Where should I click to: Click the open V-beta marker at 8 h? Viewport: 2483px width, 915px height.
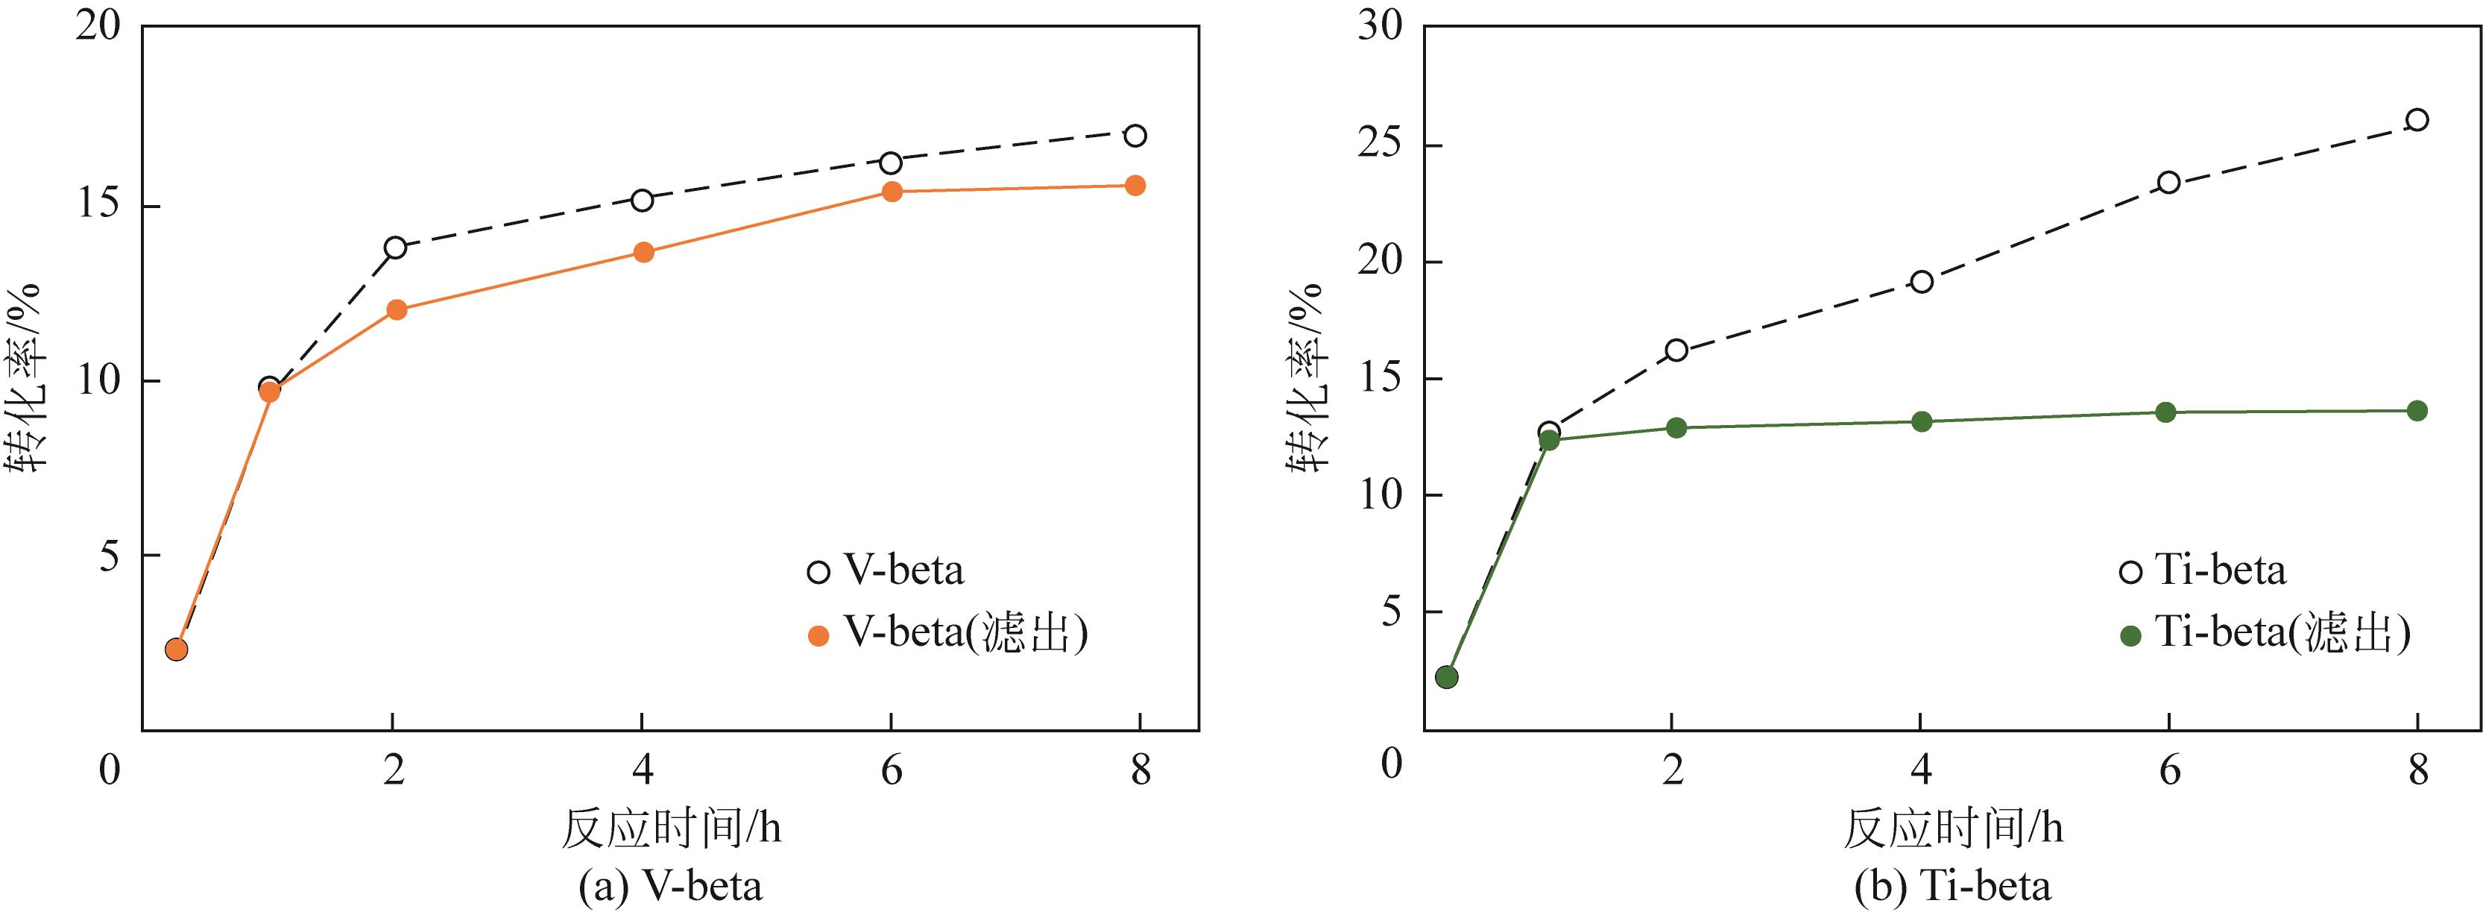(1135, 135)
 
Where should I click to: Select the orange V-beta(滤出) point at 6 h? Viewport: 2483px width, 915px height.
(892, 192)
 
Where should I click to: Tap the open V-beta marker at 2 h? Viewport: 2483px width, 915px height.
(395, 248)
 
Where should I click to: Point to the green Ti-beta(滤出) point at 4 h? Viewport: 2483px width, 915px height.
(1921, 421)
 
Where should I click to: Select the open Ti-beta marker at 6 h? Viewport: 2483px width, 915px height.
(2168, 182)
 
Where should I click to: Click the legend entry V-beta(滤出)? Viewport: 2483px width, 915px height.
(965, 633)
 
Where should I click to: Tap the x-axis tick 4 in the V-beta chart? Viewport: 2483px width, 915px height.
(642, 770)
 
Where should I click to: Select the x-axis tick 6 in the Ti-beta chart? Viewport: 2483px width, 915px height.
(2168, 770)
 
